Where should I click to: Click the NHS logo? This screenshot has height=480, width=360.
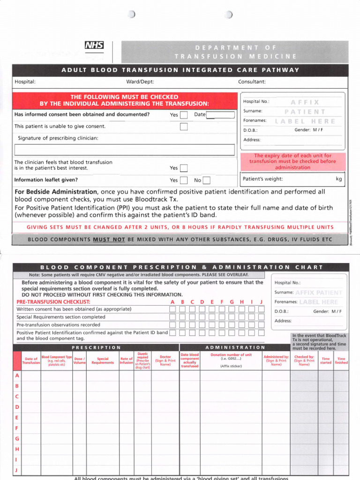point(94,45)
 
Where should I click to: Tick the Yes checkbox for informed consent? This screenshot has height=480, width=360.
point(184,115)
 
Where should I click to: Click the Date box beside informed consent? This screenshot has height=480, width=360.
point(220,115)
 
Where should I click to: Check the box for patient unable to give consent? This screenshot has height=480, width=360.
point(184,127)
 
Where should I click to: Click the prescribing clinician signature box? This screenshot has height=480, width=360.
point(124,150)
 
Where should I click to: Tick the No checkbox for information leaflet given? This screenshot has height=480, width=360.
point(206,180)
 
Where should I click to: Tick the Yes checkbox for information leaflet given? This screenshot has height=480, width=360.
point(184,180)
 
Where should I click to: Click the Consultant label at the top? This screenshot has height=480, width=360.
point(252,82)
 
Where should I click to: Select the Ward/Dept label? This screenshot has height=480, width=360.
point(140,82)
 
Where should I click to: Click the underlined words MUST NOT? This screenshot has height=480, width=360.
point(109,240)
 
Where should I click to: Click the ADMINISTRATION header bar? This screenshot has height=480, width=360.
point(235,347)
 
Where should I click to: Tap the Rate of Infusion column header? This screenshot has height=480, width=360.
point(127,360)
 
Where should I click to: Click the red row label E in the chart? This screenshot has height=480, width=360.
point(17,417)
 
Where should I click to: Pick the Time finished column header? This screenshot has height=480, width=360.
point(341,360)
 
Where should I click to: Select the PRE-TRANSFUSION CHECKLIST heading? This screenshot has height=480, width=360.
point(53,302)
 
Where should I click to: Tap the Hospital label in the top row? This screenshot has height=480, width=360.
point(25,82)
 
